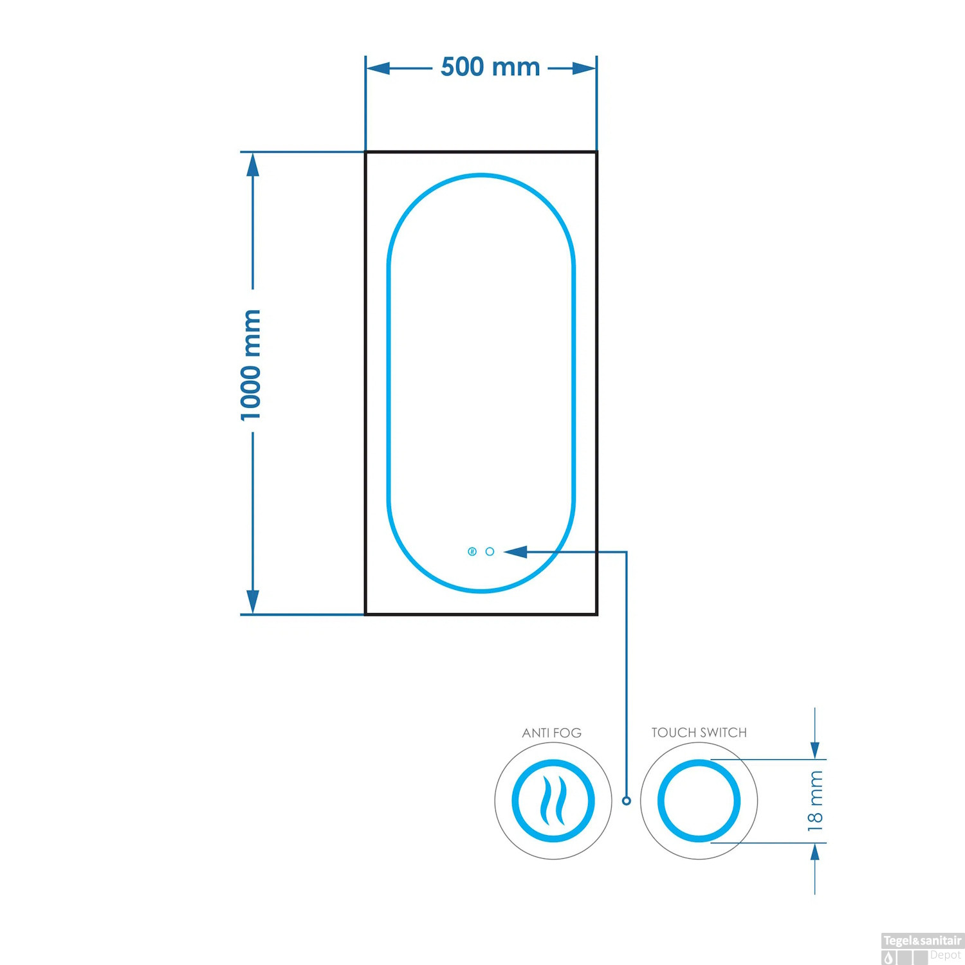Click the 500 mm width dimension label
490,67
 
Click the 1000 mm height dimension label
250,365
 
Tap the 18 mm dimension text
815,801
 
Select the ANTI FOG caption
552,733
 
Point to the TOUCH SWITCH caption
699,732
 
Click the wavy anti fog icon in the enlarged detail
553,801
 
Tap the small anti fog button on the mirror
472,551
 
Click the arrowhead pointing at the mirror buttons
515,551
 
